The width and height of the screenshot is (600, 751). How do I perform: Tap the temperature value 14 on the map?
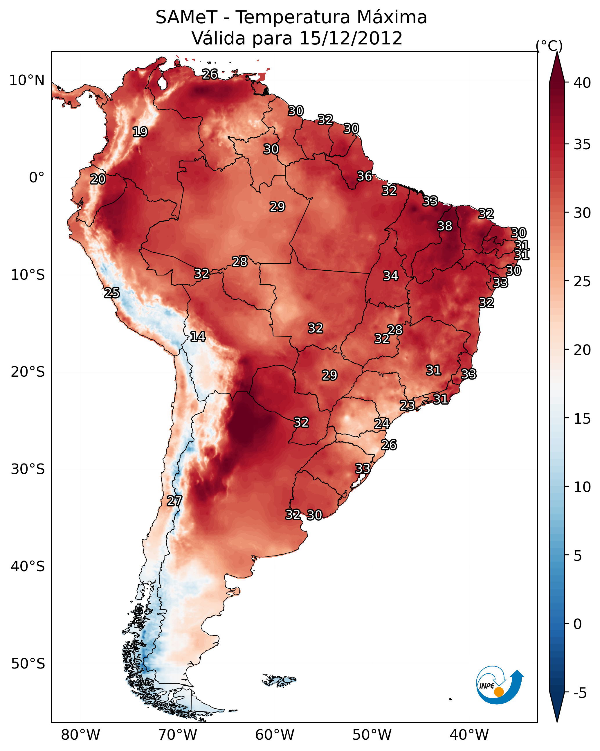coord(198,337)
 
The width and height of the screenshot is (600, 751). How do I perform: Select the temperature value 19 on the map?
coord(140,132)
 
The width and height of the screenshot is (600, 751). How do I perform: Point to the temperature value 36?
coord(365,176)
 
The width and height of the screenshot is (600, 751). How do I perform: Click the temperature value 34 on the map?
coord(391,276)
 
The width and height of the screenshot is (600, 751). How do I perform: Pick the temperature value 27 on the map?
coord(174,501)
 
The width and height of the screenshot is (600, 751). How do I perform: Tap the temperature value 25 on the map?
coord(112,293)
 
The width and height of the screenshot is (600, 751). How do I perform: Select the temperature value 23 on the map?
coord(407,405)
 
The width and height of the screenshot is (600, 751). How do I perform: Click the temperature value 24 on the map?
coord(382,424)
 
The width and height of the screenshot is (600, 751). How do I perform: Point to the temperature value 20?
coord(98,179)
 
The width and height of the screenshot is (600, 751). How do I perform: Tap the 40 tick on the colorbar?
coord(582,83)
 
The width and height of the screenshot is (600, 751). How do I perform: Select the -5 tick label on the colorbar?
coord(579,693)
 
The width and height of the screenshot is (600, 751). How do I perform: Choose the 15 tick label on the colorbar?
coord(582,419)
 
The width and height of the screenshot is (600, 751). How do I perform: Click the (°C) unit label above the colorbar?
coord(549,46)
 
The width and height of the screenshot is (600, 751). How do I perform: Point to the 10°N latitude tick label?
coord(27,80)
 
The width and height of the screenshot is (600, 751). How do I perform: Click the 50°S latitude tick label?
coord(28,664)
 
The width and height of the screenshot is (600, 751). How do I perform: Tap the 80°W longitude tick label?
coord(80,735)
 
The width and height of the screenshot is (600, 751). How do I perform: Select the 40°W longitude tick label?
coord(469,735)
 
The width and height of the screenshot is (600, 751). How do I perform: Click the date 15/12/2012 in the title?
coord(351,38)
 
